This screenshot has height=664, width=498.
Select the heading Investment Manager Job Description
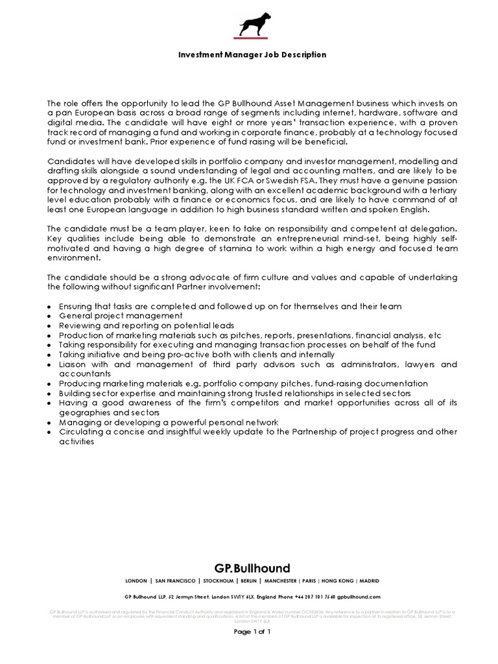click(x=252, y=55)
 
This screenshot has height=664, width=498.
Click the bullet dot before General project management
click(x=50, y=316)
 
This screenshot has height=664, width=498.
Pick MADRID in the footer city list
click(x=369, y=581)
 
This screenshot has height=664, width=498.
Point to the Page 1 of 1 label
click(x=252, y=631)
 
